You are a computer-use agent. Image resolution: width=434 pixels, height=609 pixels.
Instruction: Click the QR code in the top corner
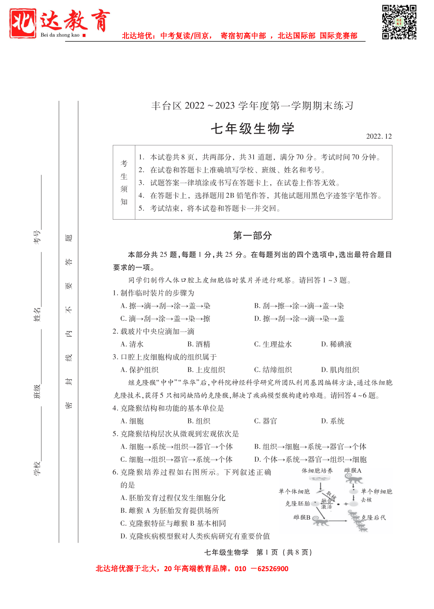pos(399,22)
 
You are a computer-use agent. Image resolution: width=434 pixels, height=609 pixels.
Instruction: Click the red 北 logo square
pos(23,23)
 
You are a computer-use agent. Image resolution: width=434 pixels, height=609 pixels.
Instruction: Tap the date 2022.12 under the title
pos(379,136)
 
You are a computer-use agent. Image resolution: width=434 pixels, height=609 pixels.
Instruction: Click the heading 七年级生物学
pos(253,129)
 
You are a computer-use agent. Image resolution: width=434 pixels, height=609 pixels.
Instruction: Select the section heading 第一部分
pos(252,236)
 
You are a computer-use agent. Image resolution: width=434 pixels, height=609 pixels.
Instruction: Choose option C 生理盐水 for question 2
pos(273,344)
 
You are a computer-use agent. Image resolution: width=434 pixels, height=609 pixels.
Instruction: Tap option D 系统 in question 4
pos(333,421)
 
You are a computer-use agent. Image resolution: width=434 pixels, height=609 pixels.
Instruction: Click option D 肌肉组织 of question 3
pos(340,370)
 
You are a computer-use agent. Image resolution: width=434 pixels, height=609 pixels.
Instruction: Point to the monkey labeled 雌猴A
pos(353,480)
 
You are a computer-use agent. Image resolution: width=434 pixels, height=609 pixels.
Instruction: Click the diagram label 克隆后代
pos(374,518)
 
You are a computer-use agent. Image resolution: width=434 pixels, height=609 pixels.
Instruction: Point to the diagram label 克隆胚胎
pos(297,503)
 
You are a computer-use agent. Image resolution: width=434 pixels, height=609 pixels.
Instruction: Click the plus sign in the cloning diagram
pos(345,504)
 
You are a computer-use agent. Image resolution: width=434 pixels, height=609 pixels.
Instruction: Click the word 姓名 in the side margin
pos(37,314)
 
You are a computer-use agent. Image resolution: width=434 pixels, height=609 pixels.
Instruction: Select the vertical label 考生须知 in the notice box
pos(124,183)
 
